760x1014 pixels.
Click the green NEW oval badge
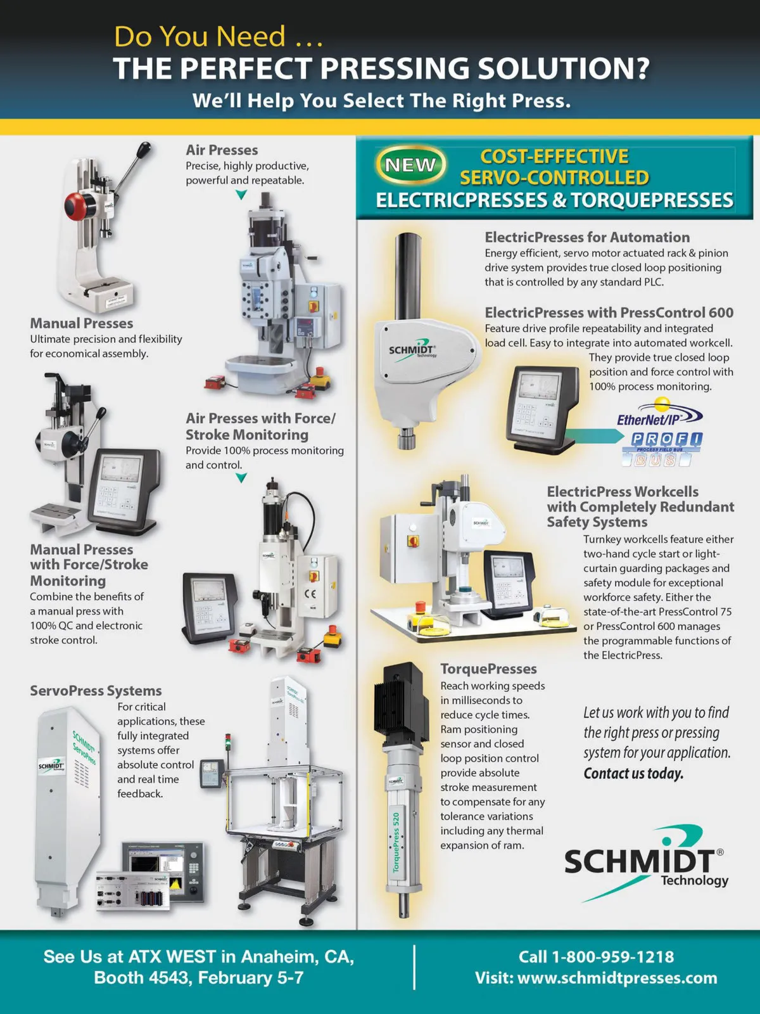pos(410,164)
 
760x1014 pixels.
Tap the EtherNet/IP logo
pos(659,413)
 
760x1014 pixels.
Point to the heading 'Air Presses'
pos(222,150)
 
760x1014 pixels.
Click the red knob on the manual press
pos(74,206)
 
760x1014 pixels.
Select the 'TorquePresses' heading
pos(488,669)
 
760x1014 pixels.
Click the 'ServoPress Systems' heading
pos(96,691)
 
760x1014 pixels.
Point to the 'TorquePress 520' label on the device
pos(396,842)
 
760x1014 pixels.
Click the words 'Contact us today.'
pos(633,773)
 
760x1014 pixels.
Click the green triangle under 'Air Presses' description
pos(241,195)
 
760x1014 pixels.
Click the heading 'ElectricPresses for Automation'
pos(587,237)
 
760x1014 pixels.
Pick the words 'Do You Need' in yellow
pos(199,36)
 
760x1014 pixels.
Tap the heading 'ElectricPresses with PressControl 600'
pos(609,312)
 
